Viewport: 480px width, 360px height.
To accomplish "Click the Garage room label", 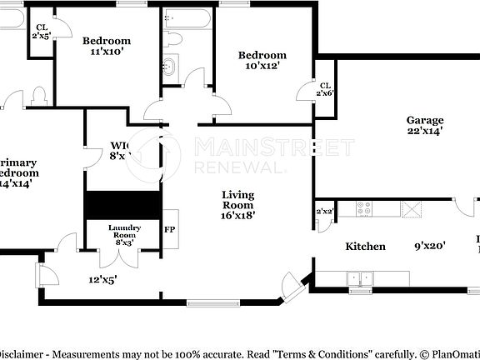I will point(424,125).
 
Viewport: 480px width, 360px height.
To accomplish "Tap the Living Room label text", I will point(237,204).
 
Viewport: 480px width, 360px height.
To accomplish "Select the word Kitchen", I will point(366,246).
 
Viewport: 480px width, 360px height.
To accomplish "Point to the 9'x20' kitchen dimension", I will point(430,246).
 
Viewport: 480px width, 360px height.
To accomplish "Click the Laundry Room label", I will point(124,232).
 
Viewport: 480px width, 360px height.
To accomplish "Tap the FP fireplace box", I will point(169,229).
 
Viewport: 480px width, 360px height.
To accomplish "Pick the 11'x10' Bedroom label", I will point(107,46).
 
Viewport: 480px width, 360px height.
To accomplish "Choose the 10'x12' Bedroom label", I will point(262,61).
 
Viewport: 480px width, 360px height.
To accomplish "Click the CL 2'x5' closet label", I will point(41,31).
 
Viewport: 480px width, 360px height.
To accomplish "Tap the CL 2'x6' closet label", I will point(324,89).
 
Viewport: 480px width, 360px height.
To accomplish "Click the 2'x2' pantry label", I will point(323,212).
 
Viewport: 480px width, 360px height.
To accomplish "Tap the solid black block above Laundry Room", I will point(123,204).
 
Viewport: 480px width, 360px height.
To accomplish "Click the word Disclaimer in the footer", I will point(22,352).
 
